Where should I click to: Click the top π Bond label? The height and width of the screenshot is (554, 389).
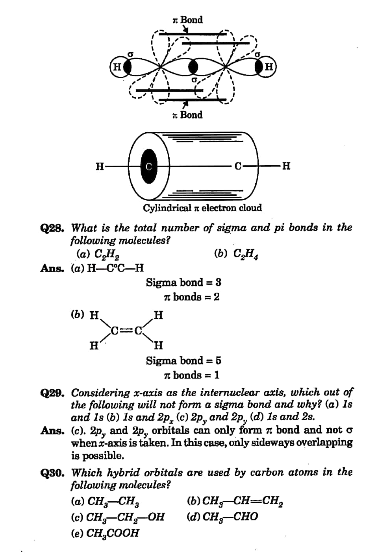[x=188, y=20]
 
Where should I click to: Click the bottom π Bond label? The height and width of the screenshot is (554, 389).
[x=187, y=115]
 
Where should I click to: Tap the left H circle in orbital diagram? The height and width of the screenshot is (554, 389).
[x=117, y=67]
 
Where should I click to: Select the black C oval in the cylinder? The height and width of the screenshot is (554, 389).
[x=148, y=166]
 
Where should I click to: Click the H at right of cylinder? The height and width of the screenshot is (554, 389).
[x=286, y=166]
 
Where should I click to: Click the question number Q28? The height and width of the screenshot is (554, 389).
[x=53, y=228]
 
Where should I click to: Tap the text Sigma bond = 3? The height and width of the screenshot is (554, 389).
[x=183, y=282]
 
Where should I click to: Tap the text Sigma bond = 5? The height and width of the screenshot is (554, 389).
[x=183, y=360]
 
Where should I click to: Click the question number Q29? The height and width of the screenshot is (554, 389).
[x=53, y=393]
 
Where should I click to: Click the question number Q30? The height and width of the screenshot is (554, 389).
[x=53, y=473]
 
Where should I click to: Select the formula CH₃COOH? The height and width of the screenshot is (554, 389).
[x=113, y=533]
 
